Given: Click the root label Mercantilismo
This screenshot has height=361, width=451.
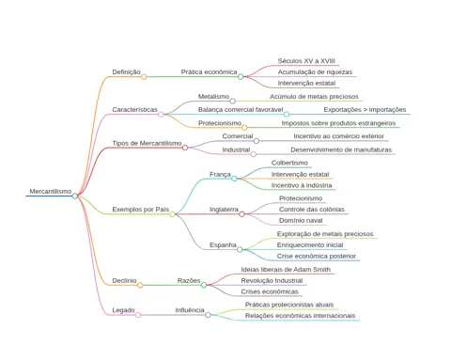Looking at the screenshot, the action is click(x=51, y=191).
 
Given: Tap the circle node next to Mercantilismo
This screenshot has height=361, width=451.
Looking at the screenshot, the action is click(x=75, y=196).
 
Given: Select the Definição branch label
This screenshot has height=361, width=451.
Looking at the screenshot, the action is click(x=126, y=72).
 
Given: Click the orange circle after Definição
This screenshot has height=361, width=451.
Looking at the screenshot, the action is click(x=144, y=77).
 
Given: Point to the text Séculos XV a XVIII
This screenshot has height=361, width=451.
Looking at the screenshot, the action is click(x=306, y=61).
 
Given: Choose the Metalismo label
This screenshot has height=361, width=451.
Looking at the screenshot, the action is click(x=213, y=97).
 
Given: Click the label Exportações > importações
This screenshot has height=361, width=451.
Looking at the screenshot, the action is click(x=365, y=110).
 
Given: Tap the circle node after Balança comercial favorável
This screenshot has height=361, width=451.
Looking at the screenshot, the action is click(x=287, y=115).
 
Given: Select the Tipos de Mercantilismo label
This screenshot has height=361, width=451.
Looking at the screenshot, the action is click(x=147, y=143).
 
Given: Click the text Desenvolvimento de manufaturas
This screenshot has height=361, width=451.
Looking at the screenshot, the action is click(x=341, y=149).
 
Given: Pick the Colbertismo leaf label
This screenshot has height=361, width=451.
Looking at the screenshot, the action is click(x=289, y=163).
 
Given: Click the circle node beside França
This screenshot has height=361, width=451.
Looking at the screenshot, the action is click(x=234, y=179).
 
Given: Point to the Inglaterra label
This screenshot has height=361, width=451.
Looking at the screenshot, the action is click(x=224, y=210).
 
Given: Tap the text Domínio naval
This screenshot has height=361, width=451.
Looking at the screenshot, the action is click(x=301, y=221).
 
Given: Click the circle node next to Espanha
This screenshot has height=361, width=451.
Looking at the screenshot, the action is click(x=240, y=249).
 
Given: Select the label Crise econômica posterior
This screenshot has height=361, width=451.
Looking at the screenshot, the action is click(x=317, y=256).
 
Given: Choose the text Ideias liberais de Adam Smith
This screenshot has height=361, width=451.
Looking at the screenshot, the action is click(x=286, y=270).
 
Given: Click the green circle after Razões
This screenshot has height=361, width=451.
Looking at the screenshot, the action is click(x=204, y=285).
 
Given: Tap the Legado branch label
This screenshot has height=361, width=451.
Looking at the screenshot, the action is click(x=123, y=310).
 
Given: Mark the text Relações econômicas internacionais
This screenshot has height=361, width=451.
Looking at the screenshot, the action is click(x=300, y=316).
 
